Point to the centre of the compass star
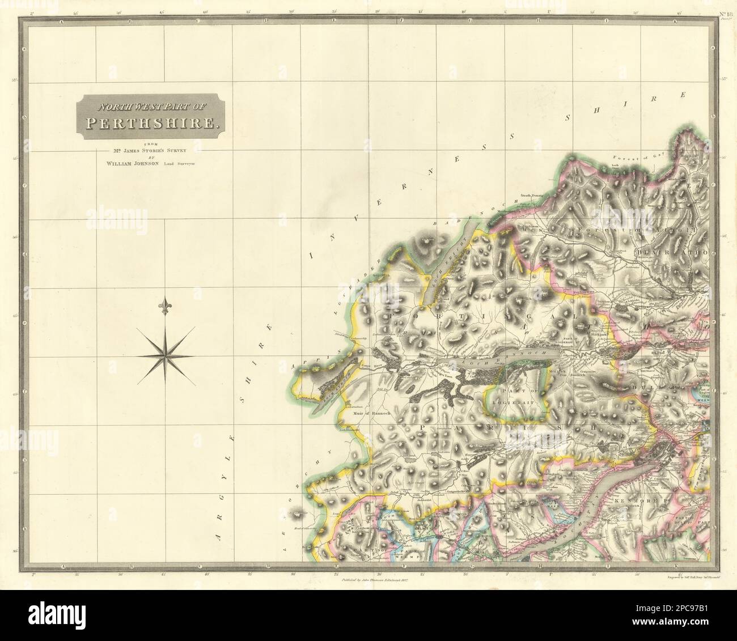166,356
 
